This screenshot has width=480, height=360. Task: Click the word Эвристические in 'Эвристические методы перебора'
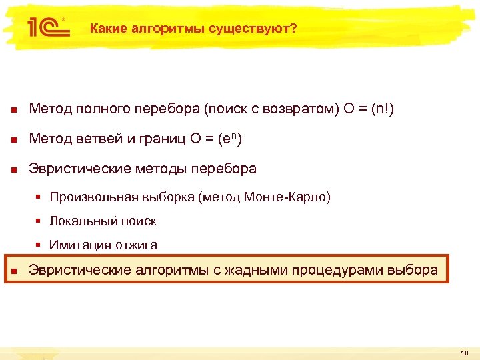(x=73, y=169)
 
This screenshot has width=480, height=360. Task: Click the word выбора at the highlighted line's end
(x=416, y=269)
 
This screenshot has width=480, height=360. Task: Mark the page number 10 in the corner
(x=465, y=352)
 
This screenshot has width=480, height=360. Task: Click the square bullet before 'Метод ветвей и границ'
(x=14, y=139)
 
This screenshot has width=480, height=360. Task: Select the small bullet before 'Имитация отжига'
(x=40, y=245)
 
